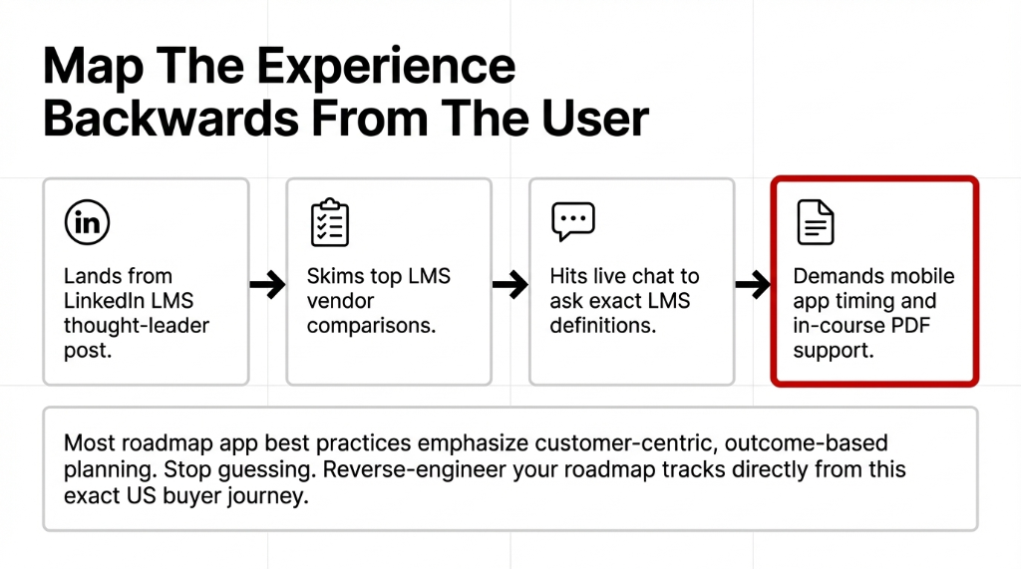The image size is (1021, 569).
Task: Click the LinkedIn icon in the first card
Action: tap(87, 223)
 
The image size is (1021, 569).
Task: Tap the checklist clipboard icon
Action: tap(329, 222)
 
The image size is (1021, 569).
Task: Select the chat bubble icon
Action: tap(572, 222)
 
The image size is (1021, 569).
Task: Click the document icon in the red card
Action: tap(815, 222)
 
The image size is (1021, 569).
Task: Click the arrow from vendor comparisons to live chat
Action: tap(510, 286)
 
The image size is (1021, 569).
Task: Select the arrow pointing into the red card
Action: tap(753, 286)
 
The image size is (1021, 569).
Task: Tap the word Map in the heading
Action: tap(84, 67)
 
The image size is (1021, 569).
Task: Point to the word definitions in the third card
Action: tap(603, 326)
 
